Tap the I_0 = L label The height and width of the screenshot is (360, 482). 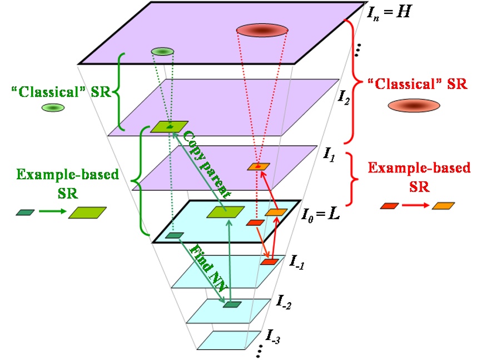(320, 213)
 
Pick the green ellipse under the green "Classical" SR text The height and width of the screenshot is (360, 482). (51, 107)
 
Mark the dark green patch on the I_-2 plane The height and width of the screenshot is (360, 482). (232, 304)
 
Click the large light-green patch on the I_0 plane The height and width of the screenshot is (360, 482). (225, 212)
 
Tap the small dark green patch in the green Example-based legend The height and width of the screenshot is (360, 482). (26, 212)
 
